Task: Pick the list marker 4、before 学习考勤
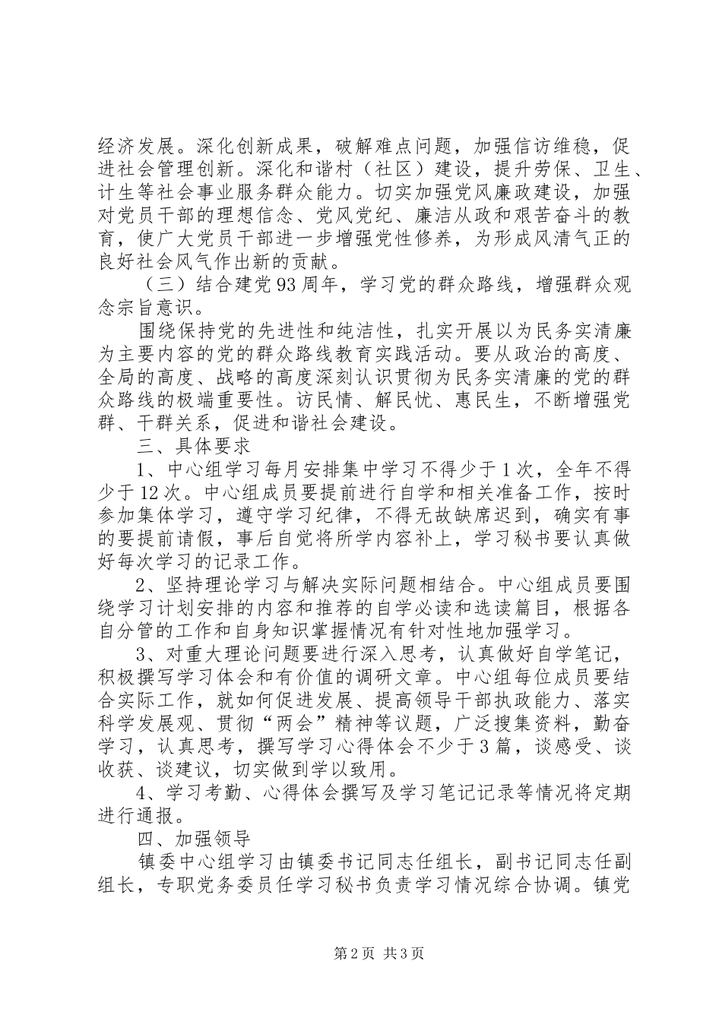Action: (147, 792)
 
